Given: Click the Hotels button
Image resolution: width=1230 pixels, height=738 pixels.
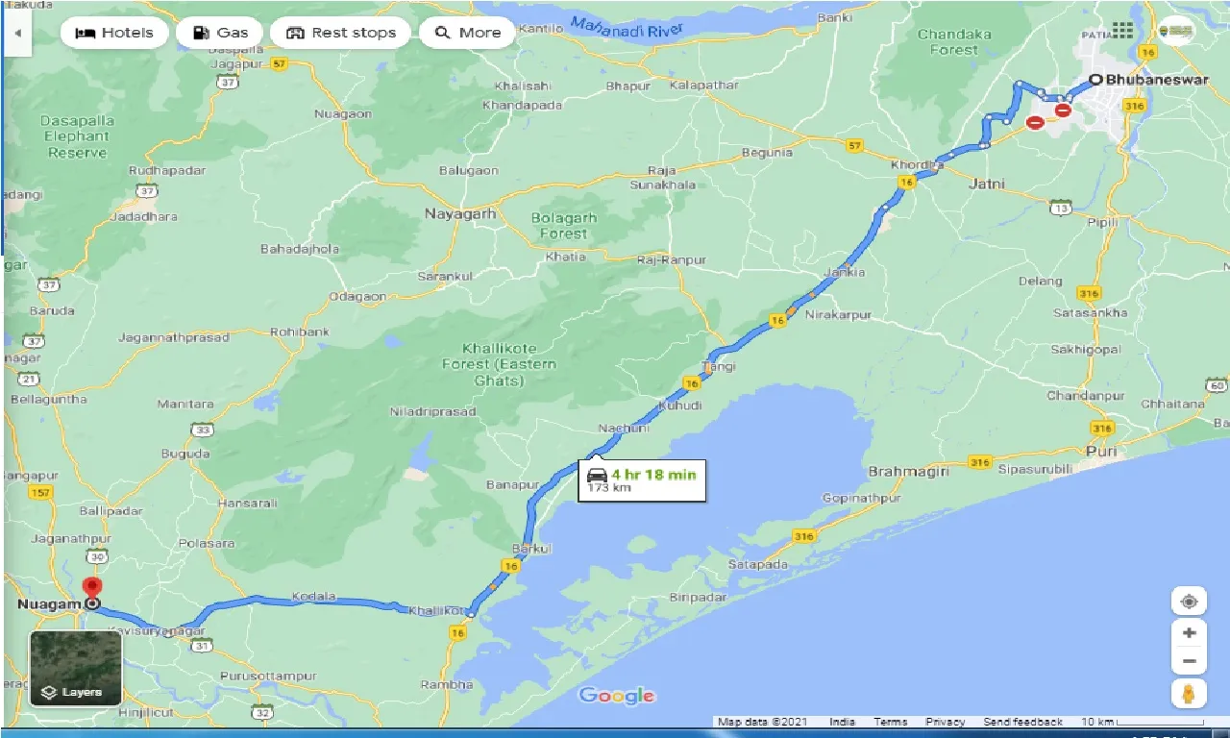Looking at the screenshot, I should tap(114, 33).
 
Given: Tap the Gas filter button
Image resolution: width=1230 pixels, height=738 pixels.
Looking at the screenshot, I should tap(220, 33).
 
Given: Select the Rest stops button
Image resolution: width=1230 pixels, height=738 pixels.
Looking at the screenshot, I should tap(341, 33).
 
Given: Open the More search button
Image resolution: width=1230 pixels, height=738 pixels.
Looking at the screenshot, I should tap(468, 33).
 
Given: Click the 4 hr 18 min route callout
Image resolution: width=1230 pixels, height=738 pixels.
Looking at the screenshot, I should tap(642, 479).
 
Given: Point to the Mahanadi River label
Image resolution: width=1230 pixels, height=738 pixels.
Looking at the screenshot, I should tap(626, 26).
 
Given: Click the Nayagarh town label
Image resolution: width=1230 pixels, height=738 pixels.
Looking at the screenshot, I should tap(460, 214).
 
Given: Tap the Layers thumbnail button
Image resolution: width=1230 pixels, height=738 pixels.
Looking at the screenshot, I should tap(76, 669).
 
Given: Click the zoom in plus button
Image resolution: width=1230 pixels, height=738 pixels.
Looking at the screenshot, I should tap(1189, 632).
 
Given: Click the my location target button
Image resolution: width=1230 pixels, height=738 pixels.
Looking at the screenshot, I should tap(1189, 602).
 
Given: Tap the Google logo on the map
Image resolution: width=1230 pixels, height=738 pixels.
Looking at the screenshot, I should tap(617, 696).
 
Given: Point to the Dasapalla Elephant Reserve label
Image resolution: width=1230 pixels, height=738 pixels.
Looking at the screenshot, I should tap(78, 136).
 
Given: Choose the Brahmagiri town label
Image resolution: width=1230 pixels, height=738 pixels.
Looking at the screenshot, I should tap(908, 472).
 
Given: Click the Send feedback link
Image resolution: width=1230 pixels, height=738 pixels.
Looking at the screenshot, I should tap(1022, 722).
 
